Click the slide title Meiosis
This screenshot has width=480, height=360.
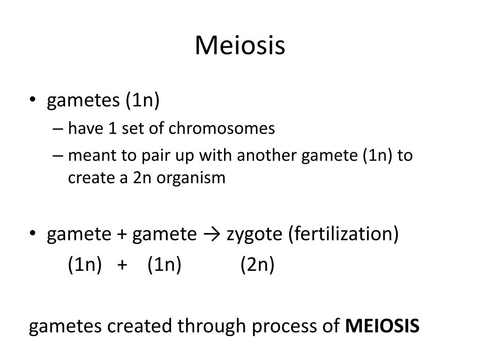240,45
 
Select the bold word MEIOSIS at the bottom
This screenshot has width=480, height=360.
382,326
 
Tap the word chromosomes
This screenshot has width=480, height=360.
222,128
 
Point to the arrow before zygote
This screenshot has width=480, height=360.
211,234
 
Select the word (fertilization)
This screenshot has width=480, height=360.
344,234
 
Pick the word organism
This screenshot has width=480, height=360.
191,178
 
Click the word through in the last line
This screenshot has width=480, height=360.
212,326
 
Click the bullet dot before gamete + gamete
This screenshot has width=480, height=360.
33,233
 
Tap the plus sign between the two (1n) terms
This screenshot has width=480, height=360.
122,264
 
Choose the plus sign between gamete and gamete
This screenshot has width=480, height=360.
121,234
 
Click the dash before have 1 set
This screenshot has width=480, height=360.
58,129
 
